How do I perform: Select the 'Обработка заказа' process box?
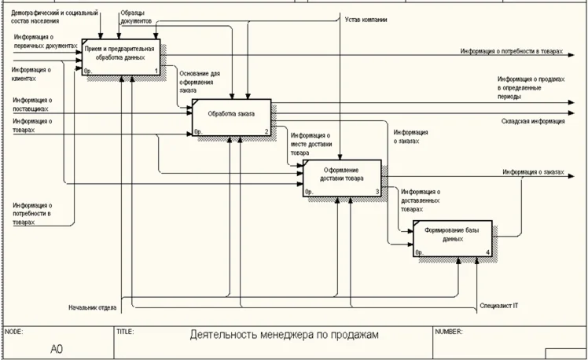click(x=232, y=117)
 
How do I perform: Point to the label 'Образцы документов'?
click(x=136, y=17)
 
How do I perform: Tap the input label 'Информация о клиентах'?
click(x=31, y=75)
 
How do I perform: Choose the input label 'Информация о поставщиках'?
click(x=32, y=105)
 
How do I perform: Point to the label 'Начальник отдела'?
click(x=93, y=307)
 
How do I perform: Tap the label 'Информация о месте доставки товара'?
click(x=311, y=144)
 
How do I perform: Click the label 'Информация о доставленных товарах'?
click(x=420, y=200)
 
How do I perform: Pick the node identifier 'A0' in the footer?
click(x=57, y=349)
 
